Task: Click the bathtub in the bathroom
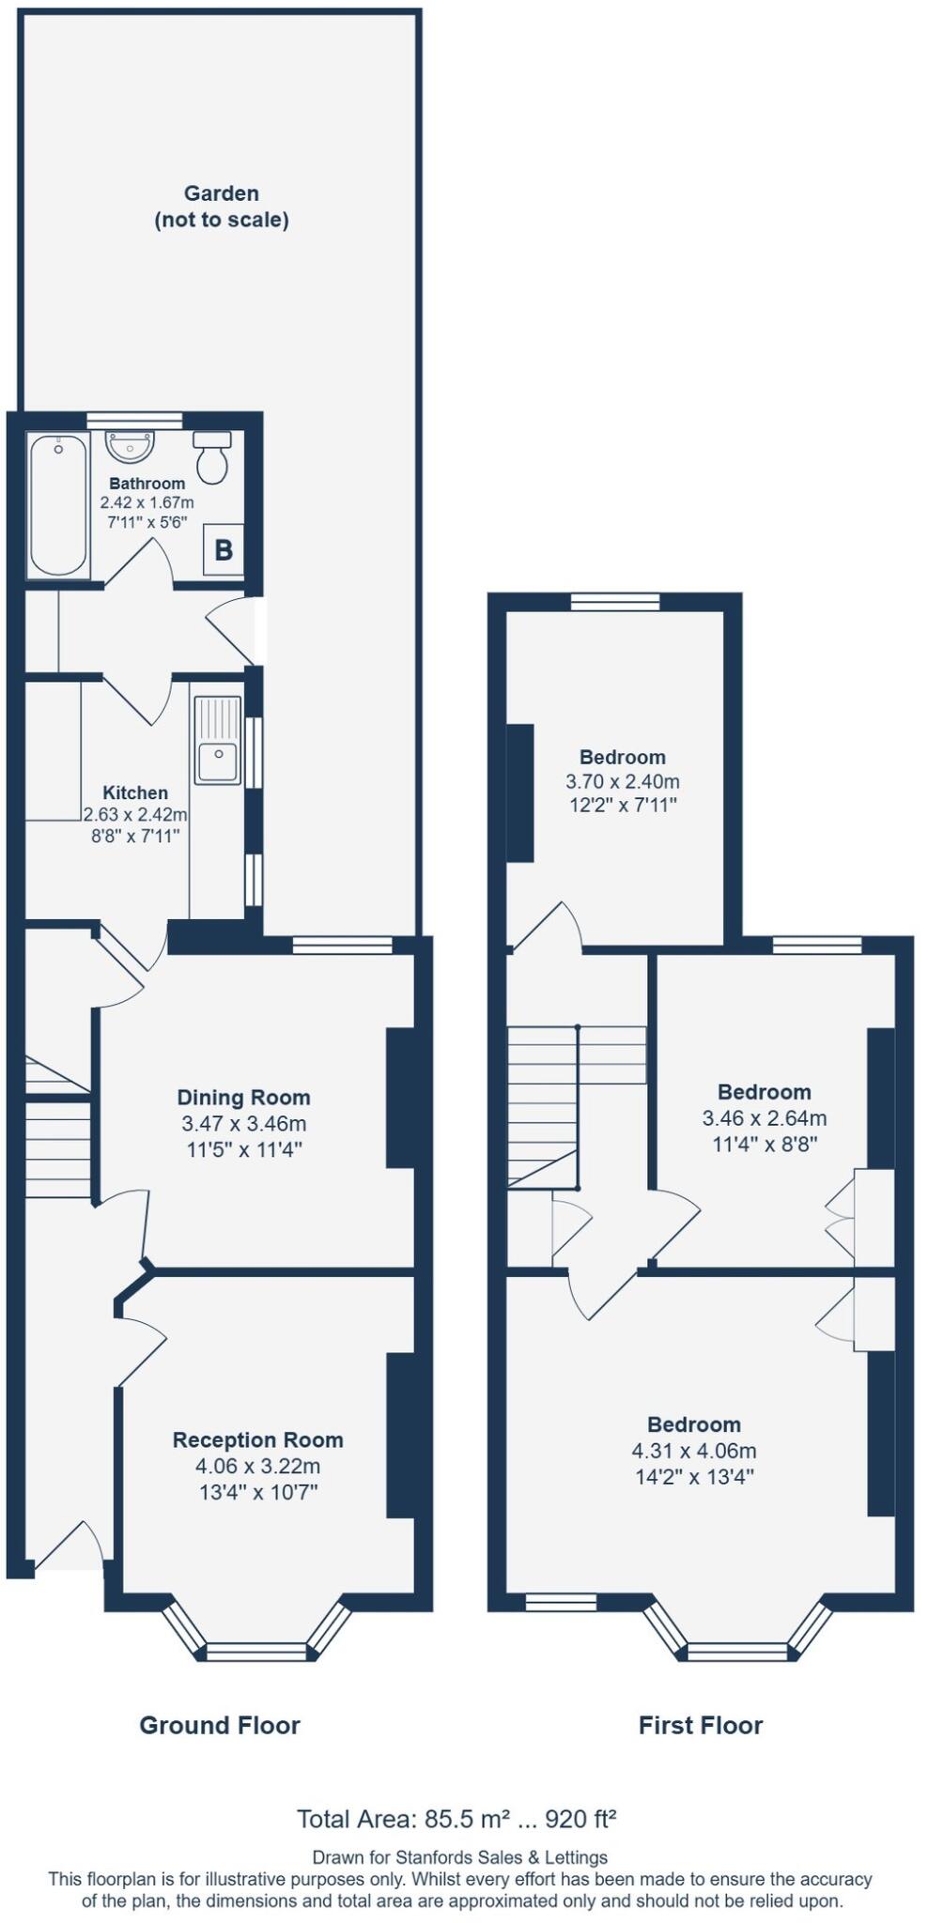pos(58,504)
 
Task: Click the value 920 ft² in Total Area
pos(580,1819)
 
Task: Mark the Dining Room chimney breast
pos(400,1098)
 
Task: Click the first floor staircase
pos(542,1103)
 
